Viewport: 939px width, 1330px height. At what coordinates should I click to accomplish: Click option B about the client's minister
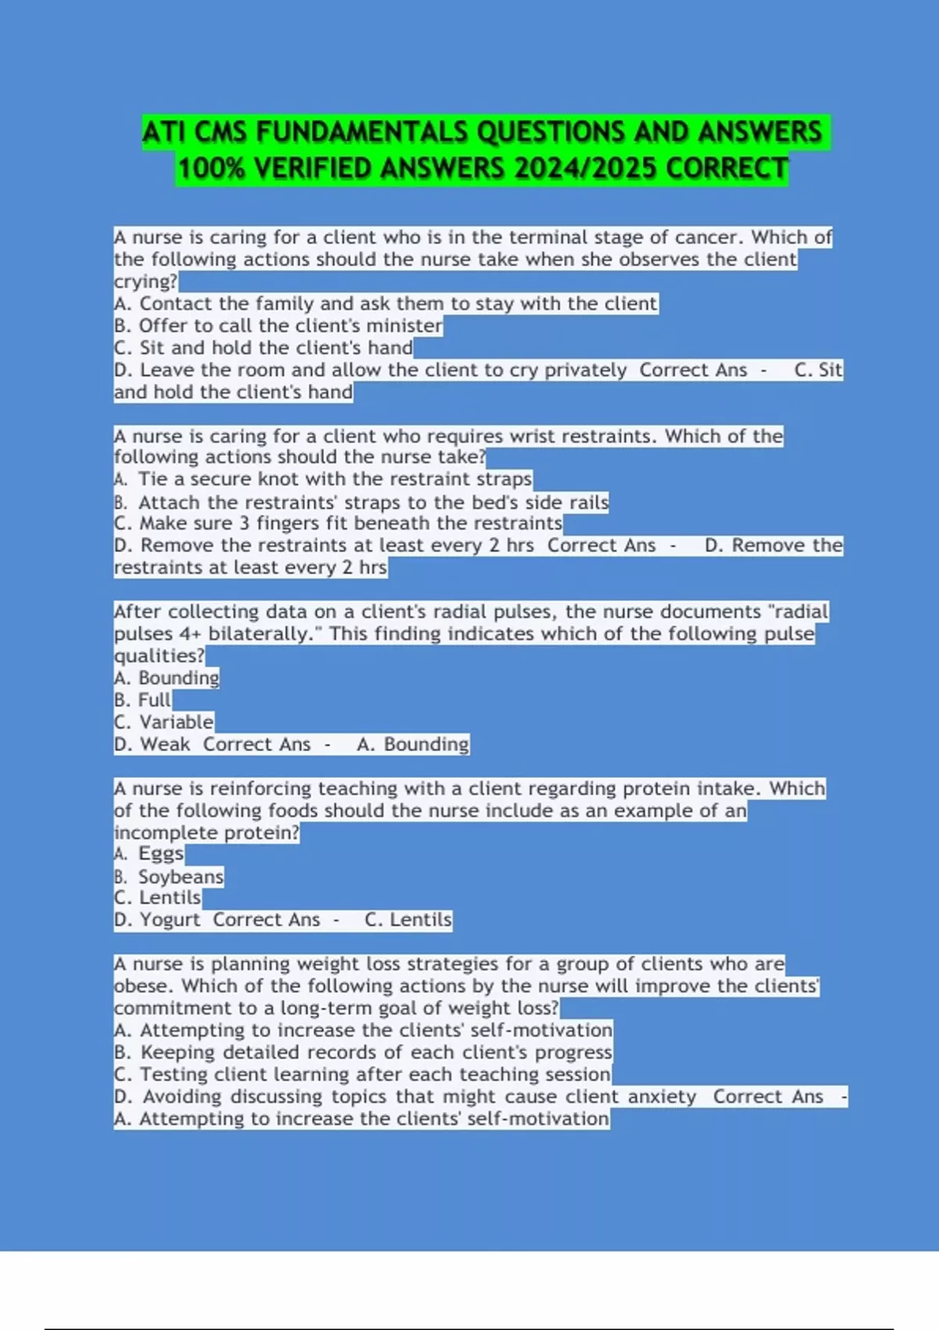pos(279,325)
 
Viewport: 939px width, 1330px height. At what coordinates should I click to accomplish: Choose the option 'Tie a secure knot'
pos(323,479)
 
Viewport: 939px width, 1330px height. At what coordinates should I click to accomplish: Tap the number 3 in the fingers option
pos(244,523)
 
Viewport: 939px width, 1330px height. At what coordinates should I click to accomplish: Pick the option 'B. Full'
pos(143,699)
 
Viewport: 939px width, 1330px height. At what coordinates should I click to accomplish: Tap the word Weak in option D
pos(165,744)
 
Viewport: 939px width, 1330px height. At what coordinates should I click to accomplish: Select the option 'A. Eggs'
pos(149,854)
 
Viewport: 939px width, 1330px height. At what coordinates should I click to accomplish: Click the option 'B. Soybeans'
pos(169,876)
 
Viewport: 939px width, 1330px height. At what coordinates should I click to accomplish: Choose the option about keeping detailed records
pos(363,1052)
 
